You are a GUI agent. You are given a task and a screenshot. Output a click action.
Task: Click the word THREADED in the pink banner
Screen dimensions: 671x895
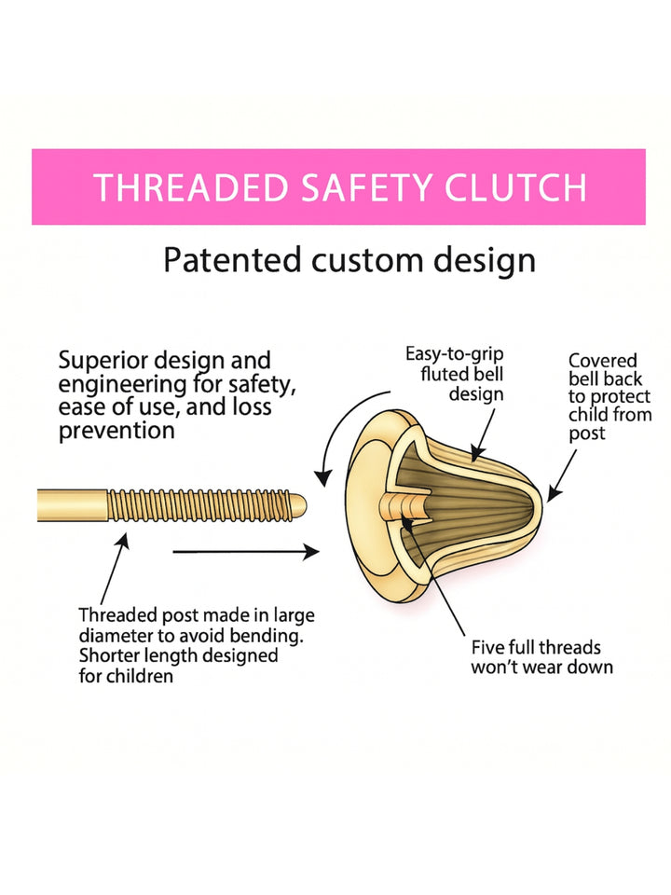pyautogui.click(x=191, y=187)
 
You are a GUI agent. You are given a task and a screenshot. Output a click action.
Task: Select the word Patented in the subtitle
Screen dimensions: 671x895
pyautogui.click(x=232, y=260)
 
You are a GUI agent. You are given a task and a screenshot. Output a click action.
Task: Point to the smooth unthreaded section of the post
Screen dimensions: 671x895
pyautogui.click(x=73, y=505)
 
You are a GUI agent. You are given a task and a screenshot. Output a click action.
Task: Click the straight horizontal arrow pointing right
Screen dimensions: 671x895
pyautogui.click(x=246, y=552)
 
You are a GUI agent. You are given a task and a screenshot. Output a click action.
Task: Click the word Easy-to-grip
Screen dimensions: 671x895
pyautogui.click(x=454, y=355)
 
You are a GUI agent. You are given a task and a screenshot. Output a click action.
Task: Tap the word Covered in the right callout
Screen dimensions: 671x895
pyautogui.click(x=603, y=361)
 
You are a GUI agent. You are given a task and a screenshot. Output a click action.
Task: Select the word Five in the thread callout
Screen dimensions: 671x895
pyautogui.click(x=487, y=647)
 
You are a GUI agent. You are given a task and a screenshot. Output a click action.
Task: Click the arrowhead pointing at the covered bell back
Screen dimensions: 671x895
pyautogui.click(x=553, y=494)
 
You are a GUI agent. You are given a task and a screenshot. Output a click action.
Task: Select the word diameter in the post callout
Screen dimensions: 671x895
pyautogui.click(x=116, y=636)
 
